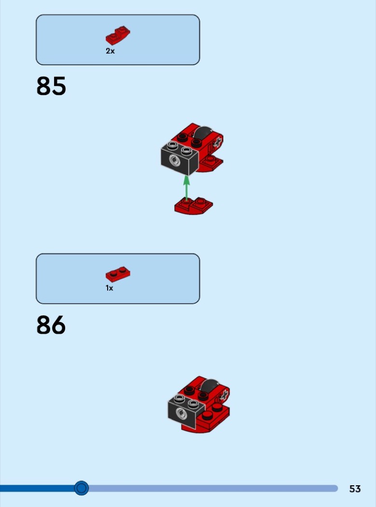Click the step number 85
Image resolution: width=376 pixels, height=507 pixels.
tap(51, 86)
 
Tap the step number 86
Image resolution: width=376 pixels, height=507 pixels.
tap(51, 325)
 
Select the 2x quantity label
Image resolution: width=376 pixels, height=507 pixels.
tap(110, 51)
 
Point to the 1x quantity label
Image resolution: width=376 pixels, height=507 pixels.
tap(109, 288)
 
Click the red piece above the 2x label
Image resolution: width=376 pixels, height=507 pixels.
tap(118, 36)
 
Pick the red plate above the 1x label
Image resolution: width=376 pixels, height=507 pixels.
tap(118, 275)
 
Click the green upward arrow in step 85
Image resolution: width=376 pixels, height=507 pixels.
tap(186, 188)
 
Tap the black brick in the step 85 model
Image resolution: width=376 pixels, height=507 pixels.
tap(180, 158)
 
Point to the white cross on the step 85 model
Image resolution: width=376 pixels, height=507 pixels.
tap(218, 142)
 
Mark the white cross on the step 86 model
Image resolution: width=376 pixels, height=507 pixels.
tap(224, 394)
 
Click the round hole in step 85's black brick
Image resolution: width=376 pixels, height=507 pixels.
tap(174, 160)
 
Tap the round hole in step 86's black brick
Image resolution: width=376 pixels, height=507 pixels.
tap(181, 413)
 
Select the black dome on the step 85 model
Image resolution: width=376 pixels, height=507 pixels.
tap(202, 133)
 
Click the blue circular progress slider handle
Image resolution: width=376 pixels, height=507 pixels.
tap(82, 488)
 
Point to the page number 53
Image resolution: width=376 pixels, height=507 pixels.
tap(355, 489)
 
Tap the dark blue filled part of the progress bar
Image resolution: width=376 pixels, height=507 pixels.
tap(38, 488)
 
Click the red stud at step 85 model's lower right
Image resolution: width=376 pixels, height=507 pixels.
tap(210, 159)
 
